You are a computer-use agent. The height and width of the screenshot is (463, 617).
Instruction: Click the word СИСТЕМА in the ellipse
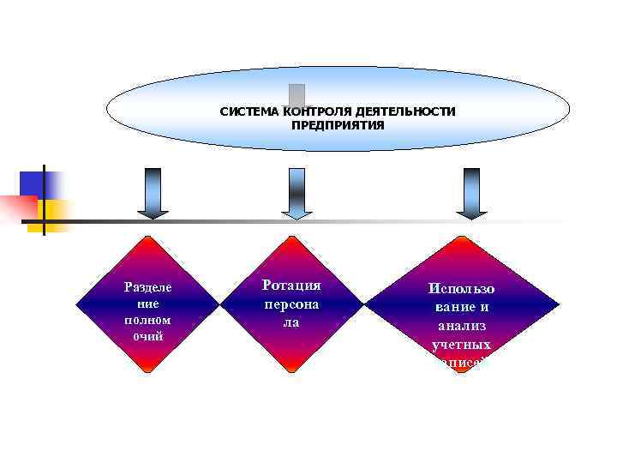[244, 111]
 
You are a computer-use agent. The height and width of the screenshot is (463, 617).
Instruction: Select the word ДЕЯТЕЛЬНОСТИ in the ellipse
[404, 111]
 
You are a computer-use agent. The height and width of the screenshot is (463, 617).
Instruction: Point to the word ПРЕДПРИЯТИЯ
[338, 125]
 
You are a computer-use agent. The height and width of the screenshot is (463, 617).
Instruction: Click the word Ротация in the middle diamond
[291, 286]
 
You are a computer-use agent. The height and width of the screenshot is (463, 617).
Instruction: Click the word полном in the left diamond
[147, 319]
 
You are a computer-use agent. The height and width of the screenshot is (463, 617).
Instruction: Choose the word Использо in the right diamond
[462, 289]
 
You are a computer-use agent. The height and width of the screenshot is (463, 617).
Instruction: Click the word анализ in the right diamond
[462, 325]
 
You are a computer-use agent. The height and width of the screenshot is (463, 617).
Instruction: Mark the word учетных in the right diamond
[462, 344]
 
